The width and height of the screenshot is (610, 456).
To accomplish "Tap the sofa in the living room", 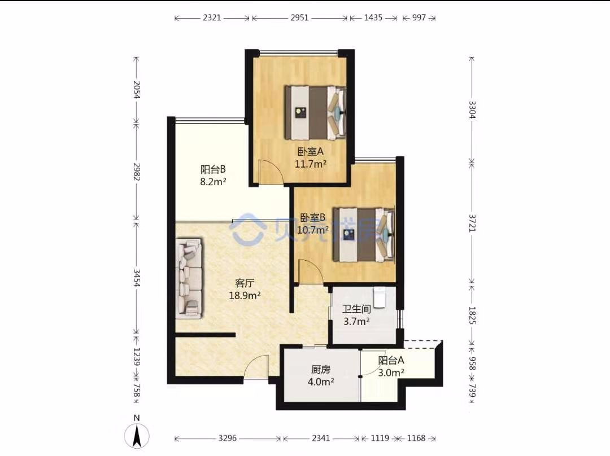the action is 189,279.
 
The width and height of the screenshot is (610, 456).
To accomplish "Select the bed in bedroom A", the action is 316,113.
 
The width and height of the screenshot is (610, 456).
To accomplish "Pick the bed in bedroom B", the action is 364,235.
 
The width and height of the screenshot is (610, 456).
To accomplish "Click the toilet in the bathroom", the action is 379,296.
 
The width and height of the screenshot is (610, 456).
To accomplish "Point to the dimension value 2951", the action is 299,17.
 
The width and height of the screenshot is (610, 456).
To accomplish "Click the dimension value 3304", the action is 472,109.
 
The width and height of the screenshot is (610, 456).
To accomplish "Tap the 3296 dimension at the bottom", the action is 228,438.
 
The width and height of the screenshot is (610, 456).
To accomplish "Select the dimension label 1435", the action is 373,17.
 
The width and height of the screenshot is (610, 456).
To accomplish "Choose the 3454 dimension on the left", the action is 136,278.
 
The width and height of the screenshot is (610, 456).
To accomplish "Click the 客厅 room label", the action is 245,283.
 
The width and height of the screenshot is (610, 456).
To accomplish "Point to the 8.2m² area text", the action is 213,182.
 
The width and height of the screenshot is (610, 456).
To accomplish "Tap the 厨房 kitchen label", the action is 321,370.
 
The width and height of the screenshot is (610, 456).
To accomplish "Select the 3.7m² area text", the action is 356,322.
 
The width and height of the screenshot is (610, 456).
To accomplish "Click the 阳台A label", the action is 391,361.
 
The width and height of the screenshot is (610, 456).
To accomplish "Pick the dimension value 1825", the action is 472,315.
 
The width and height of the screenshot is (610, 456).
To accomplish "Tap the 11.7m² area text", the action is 310,164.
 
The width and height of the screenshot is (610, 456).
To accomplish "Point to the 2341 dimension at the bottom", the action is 321,438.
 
